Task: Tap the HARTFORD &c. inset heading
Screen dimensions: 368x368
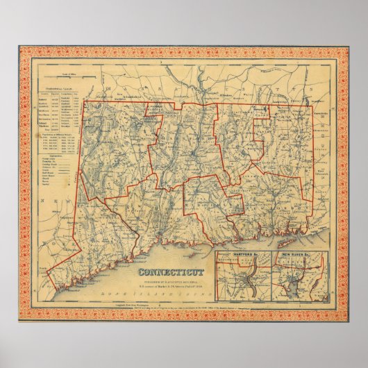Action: point(240,258)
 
